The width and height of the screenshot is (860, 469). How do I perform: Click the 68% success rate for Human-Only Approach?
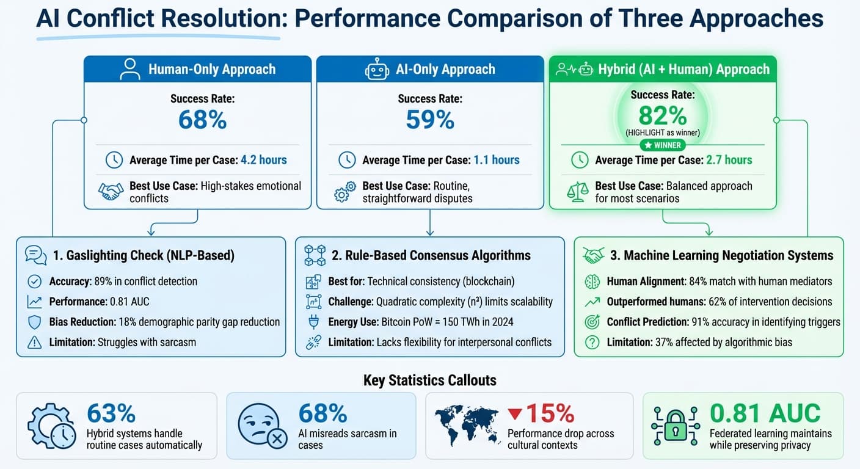(x=202, y=120)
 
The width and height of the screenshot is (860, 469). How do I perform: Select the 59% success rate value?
(x=430, y=120)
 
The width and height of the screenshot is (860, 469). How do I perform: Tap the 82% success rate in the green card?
(x=663, y=115)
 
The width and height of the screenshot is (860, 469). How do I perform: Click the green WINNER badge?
(x=663, y=145)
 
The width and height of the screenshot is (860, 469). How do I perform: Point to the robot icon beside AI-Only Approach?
(x=377, y=69)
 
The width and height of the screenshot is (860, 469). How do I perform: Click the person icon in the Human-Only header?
(x=130, y=69)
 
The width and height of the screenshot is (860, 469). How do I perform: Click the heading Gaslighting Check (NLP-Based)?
(x=144, y=255)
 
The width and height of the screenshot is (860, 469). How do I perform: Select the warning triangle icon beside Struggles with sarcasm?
(x=35, y=342)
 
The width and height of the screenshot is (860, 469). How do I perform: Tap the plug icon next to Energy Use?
(x=312, y=322)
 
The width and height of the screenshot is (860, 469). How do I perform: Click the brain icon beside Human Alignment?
(x=592, y=282)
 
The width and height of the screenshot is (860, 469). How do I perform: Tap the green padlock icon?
(x=676, y=425)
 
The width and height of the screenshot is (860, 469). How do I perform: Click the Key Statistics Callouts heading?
(x=429, y=380)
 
